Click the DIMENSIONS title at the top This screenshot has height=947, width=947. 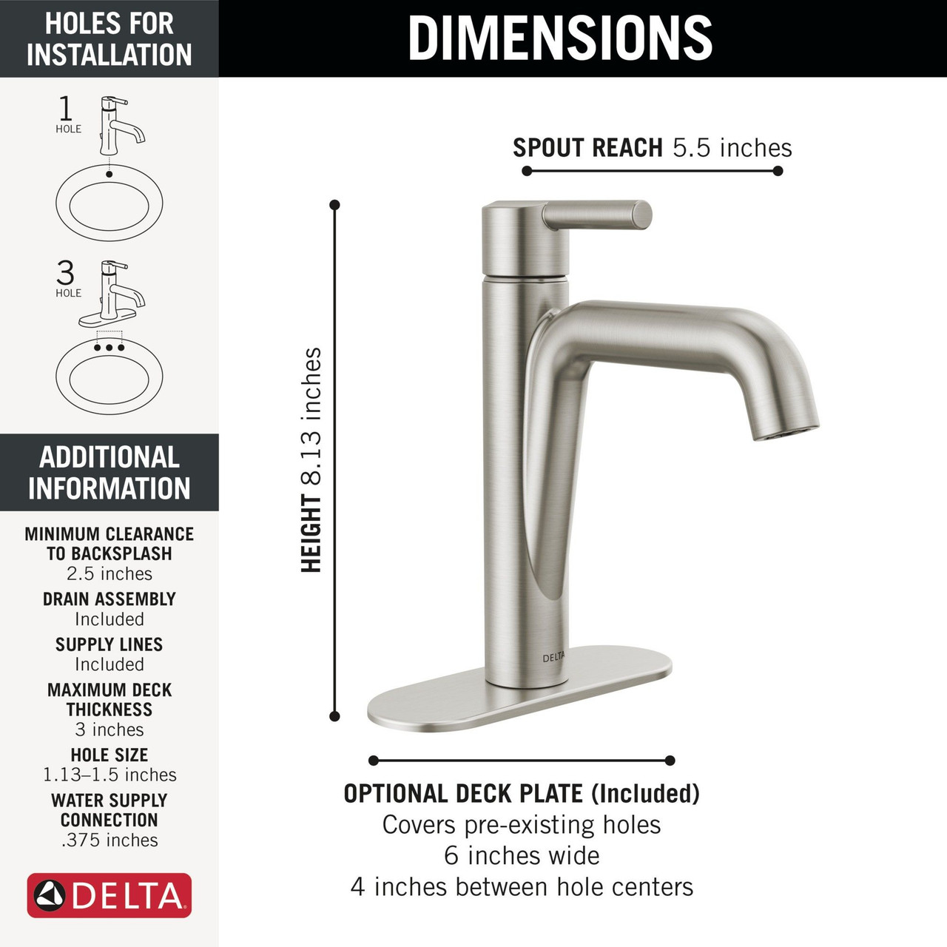560,38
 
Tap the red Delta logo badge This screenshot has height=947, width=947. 109,895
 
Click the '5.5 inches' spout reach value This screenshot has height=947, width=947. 732,148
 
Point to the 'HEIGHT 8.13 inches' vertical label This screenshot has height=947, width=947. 311,459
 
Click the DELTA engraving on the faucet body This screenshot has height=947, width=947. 553,658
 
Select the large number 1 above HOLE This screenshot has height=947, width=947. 66,109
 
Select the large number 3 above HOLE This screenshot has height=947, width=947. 65,273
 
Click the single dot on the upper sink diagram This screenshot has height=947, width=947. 109,175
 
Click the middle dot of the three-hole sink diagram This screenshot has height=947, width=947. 109,347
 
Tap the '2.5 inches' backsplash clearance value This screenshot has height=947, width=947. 109,573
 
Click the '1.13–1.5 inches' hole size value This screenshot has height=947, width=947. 109,775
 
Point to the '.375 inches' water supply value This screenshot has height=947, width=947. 109,840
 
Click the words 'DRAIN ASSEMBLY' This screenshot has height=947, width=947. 109,599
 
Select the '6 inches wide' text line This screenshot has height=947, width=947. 522,855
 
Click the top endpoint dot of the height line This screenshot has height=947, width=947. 334,205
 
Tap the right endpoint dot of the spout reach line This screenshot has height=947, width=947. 778,171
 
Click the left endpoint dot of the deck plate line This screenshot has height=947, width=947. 374,761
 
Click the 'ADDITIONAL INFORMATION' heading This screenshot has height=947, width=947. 109,472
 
